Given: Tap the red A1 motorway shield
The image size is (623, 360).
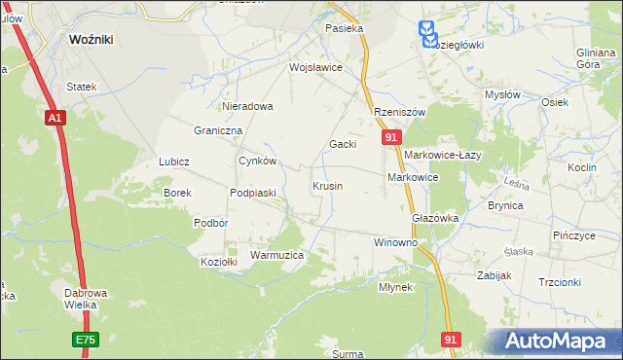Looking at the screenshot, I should click(55, 118).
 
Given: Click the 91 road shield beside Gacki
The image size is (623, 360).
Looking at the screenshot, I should click(389, 139).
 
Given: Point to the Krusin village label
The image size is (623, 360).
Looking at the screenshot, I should click(327, 185).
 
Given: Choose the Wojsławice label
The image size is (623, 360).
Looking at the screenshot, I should click(315, 68).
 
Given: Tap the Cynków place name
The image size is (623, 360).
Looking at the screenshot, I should click(259, 162).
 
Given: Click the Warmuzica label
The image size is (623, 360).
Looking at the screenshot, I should click(277, 255).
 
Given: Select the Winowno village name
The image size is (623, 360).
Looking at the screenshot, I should click(396, 241).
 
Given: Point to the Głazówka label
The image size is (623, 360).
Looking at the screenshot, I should click(435, 219).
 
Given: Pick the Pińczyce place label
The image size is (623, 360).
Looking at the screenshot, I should click(573, 236).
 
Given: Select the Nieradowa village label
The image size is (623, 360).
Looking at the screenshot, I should click(248, 106).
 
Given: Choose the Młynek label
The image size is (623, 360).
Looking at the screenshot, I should click(396, 288).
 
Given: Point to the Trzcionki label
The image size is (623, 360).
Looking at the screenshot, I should click(560, 282).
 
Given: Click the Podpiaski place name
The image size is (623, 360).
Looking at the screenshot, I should click(253, 193).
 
